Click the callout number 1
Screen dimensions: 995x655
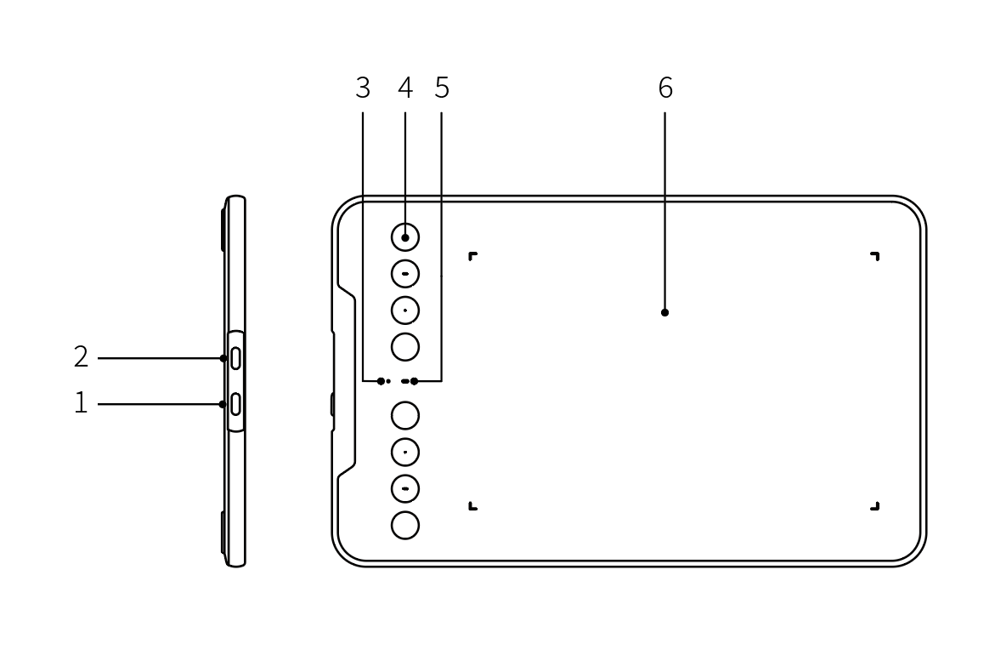81,403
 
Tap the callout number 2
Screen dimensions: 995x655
81,357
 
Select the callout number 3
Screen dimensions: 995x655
363,88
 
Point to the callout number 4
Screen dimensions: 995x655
405,88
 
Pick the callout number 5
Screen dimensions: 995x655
443,88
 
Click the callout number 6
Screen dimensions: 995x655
665,88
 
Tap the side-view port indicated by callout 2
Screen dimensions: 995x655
235,358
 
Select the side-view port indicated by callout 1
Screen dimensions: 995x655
235,404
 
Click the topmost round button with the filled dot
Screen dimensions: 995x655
404,237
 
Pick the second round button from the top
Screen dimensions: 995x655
404,275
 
